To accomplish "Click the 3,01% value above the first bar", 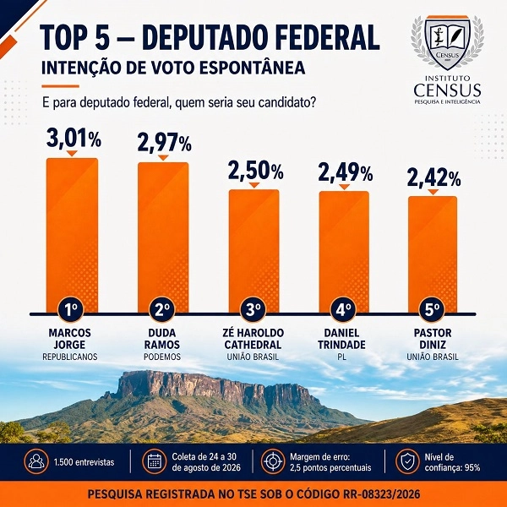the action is [74, 138].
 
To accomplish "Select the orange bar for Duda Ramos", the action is [163, 237].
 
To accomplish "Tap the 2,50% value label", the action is [255, 171].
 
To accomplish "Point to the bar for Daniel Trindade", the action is [344, 252].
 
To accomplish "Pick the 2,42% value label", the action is [434, 177].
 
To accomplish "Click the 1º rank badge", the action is [71, 310].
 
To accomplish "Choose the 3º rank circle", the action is [253, 310].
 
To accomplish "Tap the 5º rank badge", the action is [432, 310].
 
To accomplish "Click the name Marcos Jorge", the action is [70, 339].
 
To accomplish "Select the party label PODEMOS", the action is [162, 357].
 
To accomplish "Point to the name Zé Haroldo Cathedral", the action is [253, 339].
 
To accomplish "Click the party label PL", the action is [341, 357].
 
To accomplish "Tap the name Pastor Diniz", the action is [433, 339].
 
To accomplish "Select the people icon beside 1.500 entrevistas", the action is [36, 461].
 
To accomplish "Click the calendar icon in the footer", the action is [155, 461].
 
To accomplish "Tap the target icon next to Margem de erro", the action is [273, 461].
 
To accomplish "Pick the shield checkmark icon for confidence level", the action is [407, 461].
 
